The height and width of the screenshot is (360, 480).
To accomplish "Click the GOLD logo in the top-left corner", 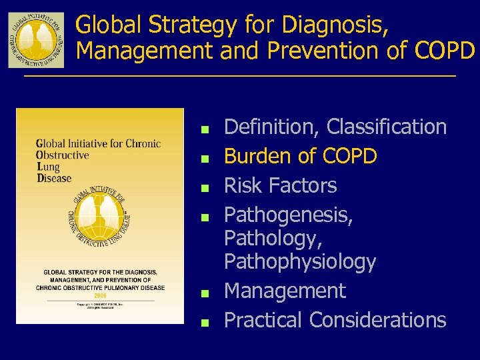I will (36, 40).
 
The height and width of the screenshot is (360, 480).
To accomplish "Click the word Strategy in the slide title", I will (179, 25).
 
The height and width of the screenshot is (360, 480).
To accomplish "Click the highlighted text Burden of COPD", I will (301, 156).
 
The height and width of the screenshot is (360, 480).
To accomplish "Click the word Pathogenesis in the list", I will (288, 215).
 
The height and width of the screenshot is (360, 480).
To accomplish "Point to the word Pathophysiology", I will (300, 262).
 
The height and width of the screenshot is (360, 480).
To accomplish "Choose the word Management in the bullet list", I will (285, 291).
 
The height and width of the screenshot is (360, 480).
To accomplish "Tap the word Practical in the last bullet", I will (262, 320).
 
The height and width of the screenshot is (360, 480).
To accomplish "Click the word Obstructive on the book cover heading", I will (63, 155).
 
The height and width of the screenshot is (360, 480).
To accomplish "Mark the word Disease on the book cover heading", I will (54, 178).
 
